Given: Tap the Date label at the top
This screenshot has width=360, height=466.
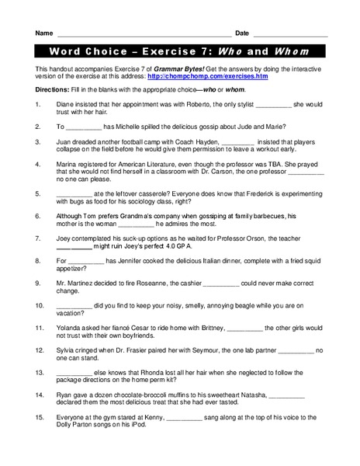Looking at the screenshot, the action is point(241,33).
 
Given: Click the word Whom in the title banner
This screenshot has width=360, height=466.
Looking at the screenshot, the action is point(292,52).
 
